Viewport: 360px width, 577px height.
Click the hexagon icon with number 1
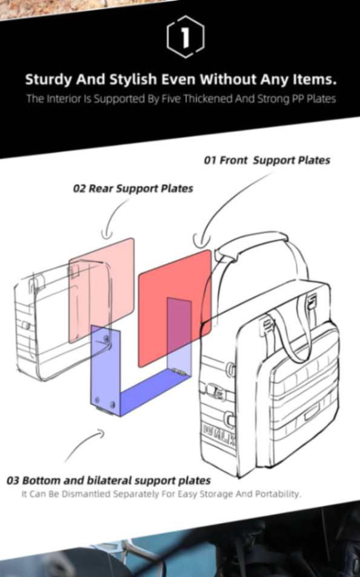point(185,36)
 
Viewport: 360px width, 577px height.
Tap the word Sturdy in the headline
point(48,80)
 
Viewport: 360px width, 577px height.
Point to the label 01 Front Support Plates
point(267,160)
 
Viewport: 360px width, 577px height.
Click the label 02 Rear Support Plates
point(133,189)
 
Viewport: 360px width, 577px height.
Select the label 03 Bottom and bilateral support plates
point(108,481)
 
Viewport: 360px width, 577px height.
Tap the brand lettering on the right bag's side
point(219,434)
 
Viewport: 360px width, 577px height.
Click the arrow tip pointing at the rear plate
point(107,235)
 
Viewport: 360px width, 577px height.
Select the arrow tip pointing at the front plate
point(201,242)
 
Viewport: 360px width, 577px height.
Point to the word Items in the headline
point(315,79)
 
